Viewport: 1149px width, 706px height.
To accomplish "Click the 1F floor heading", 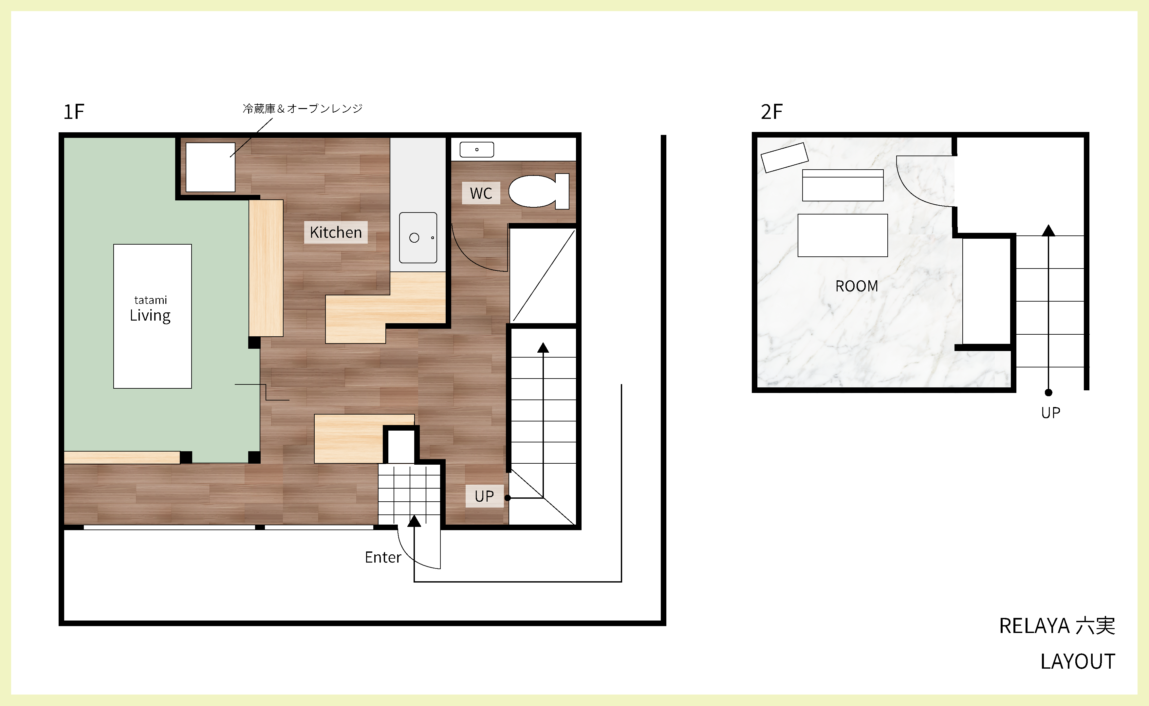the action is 74,112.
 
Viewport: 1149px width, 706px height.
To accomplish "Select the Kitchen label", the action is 336,232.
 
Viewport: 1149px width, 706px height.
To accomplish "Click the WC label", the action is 481,193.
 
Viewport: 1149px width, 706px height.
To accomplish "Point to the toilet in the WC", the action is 538,191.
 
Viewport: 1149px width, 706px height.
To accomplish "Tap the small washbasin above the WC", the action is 477,149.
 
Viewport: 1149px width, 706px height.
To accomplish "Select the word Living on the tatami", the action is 150,316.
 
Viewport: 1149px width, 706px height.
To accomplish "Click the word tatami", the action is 150,300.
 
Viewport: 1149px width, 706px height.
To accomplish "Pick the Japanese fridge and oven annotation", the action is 303,108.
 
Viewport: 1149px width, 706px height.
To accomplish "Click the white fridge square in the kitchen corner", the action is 210,167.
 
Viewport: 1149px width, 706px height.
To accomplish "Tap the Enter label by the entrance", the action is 383,557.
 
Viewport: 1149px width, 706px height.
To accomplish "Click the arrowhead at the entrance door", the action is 414,521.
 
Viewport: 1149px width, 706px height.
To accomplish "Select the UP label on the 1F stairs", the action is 484,496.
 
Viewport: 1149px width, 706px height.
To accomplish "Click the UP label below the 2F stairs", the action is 1050,413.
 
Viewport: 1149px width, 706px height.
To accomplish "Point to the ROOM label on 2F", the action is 857,286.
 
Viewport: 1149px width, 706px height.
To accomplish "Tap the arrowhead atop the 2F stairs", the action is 1048,230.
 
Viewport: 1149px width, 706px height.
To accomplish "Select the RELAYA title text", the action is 1034,626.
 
